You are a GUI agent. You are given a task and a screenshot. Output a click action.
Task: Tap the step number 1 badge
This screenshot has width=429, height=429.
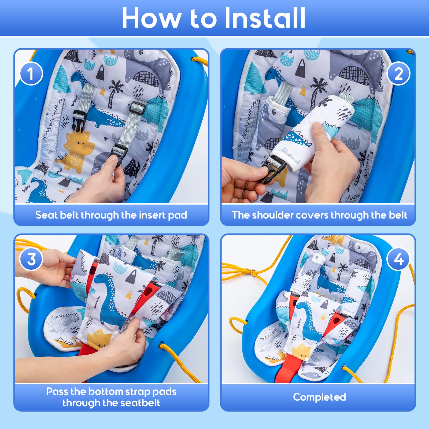pos(31,74)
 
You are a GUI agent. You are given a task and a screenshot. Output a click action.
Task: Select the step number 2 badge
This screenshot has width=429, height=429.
pos(398,74)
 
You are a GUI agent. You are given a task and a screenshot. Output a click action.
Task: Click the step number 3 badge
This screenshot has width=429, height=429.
pos(31,259)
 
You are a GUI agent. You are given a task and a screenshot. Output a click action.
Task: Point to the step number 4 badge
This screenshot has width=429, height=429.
pos(398,259)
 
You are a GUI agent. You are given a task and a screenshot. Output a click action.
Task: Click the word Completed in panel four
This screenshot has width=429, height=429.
pos(319,397)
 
